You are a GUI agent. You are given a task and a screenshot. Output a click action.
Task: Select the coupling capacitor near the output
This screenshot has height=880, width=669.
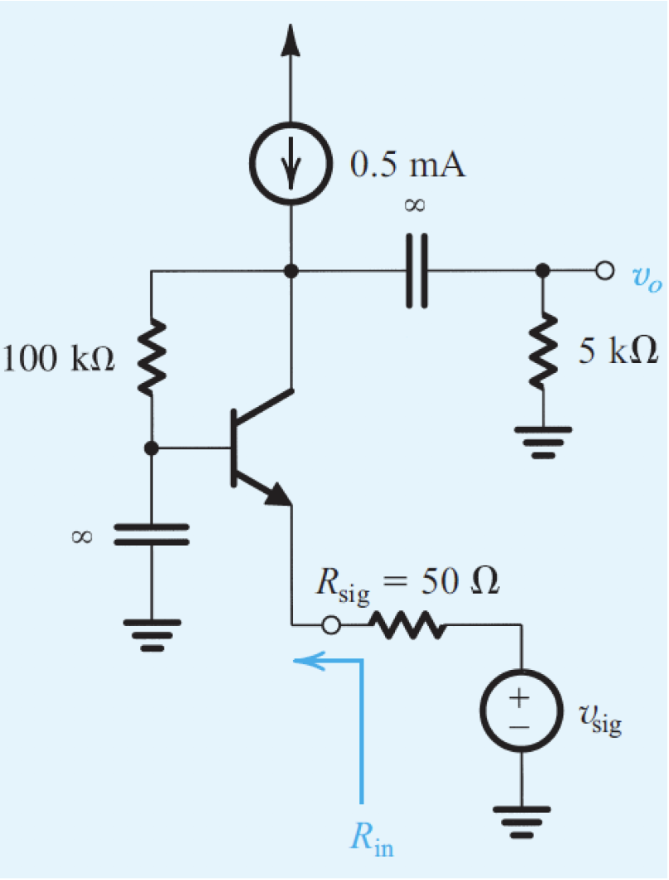pos(419,270)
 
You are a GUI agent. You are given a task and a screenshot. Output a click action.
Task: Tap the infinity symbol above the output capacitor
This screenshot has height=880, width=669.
pos(415,207)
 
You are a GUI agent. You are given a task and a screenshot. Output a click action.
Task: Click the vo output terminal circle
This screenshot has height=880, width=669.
pos(604,270)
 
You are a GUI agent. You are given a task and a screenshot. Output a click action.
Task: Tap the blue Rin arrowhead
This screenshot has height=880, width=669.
pos(307,660)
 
